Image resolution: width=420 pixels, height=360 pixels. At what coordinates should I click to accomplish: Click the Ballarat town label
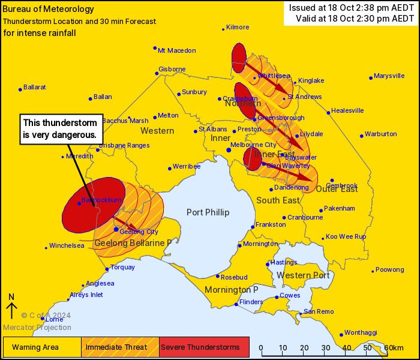click(x=35, y=87)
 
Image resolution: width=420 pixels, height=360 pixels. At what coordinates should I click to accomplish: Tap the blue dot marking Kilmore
click(x=223, y=29)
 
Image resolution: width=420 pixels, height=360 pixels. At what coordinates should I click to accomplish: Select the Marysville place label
click(x=389, y=76)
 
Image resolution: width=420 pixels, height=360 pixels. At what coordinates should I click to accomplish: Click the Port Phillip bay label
click(x=208, y=212)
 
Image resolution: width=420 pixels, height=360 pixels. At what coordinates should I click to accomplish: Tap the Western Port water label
click(x=304, y=275)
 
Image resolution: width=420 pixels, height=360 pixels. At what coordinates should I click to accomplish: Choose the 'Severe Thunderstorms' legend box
click(x=204, y=347)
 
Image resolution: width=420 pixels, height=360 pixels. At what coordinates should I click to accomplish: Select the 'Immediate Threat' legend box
click(x=120, y=347)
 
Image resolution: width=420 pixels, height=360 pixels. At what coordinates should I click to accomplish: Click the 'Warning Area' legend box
click(x=42, y=347)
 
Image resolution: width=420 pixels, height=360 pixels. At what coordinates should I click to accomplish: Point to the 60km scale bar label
click(x=394, y=348)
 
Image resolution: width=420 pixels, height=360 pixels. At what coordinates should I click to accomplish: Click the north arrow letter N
click(x=11, y=297)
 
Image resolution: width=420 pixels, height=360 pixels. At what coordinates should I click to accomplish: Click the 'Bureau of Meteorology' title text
click(x=49, y=9)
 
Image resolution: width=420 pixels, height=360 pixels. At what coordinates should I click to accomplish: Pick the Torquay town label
click(x=123, y=267)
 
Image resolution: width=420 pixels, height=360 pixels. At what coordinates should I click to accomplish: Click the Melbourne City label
click(x=254, y=145)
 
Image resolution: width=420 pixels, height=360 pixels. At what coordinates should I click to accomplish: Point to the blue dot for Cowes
click(x=277, y=297)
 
